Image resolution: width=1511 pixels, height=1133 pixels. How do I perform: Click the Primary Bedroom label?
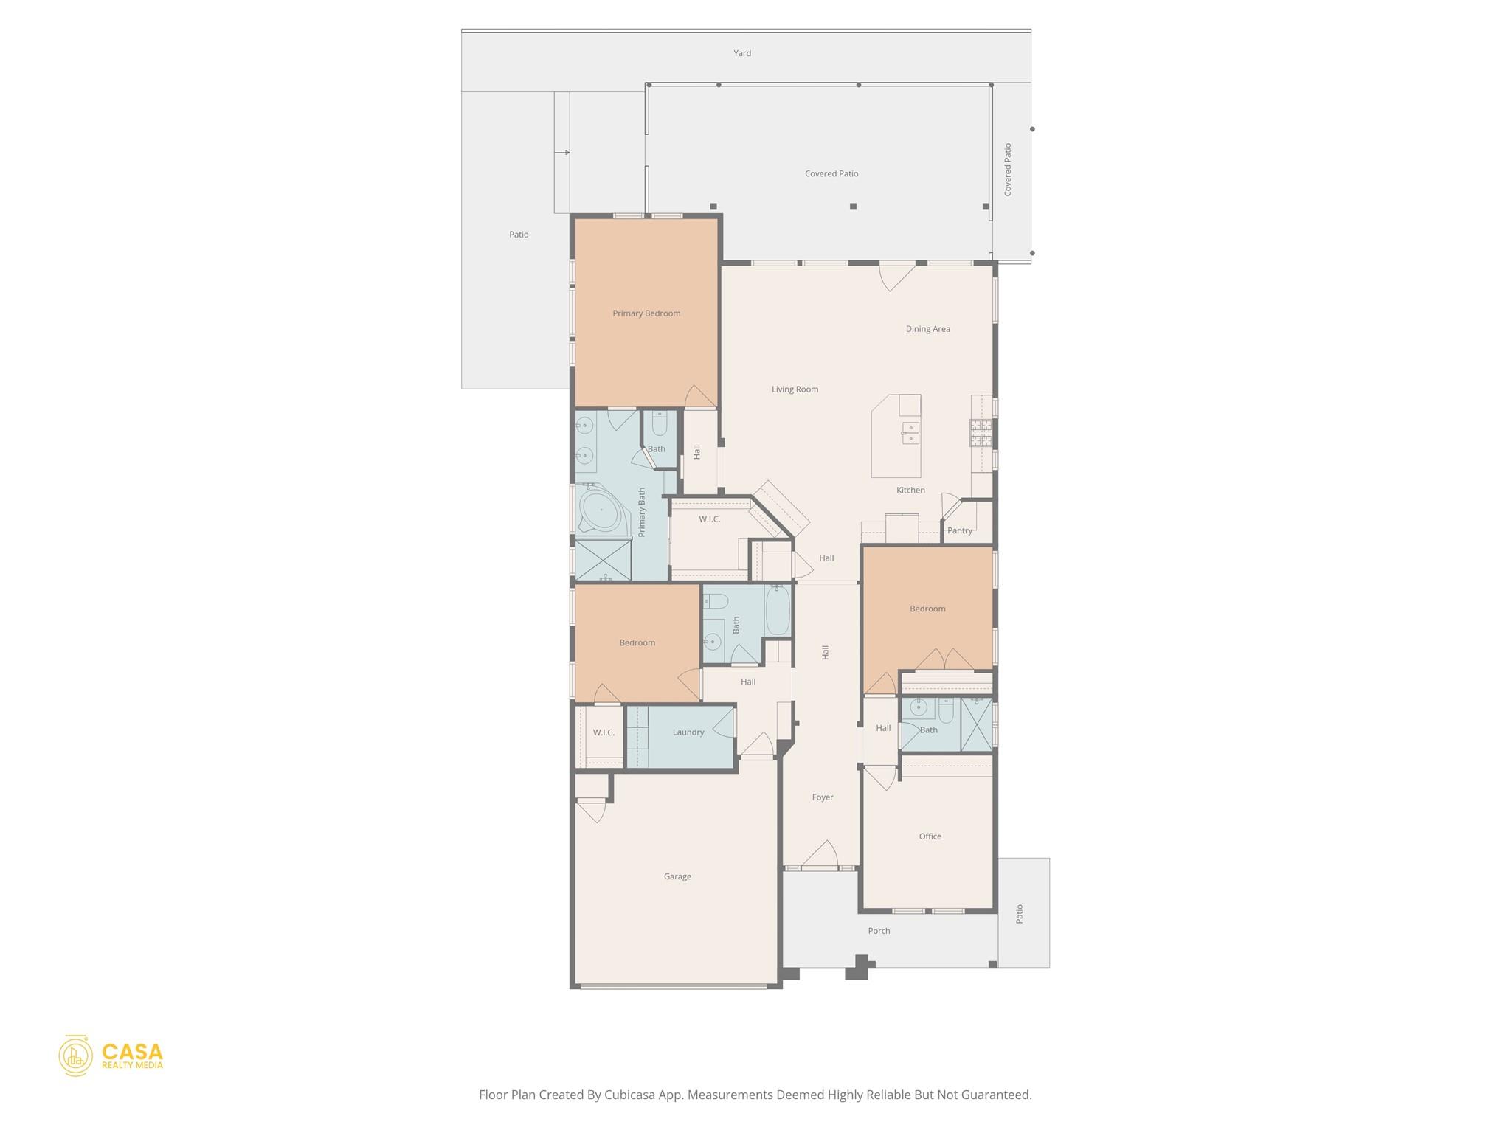[646, 313]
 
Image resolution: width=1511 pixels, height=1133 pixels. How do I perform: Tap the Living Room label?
[795, 389]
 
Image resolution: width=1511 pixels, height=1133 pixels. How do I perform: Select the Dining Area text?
[927, 329]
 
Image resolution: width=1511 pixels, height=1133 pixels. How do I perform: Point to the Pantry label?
[959, 530]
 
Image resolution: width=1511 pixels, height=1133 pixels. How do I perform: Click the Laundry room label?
[688, 732]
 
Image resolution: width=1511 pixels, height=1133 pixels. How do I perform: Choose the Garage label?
[677, 876]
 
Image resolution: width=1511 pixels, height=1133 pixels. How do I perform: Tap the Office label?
[930, 836]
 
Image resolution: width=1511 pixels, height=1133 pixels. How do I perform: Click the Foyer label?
[822, 797]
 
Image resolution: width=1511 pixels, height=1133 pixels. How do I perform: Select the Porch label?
[879, 931]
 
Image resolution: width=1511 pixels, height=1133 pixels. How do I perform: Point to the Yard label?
[741, 53]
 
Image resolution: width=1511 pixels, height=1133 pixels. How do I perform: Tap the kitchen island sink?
[910, 433]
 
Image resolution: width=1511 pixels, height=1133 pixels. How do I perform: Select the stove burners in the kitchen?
[980, 433]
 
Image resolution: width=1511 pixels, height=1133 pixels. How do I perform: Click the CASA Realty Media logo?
[111, 1056]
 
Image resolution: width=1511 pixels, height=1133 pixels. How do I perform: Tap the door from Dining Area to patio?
[896, 277]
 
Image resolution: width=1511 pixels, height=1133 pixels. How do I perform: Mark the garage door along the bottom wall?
[677, 985]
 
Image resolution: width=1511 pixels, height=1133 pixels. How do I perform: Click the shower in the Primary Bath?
[604, 560]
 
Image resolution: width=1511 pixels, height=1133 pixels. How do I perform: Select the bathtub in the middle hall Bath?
[778, 610]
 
